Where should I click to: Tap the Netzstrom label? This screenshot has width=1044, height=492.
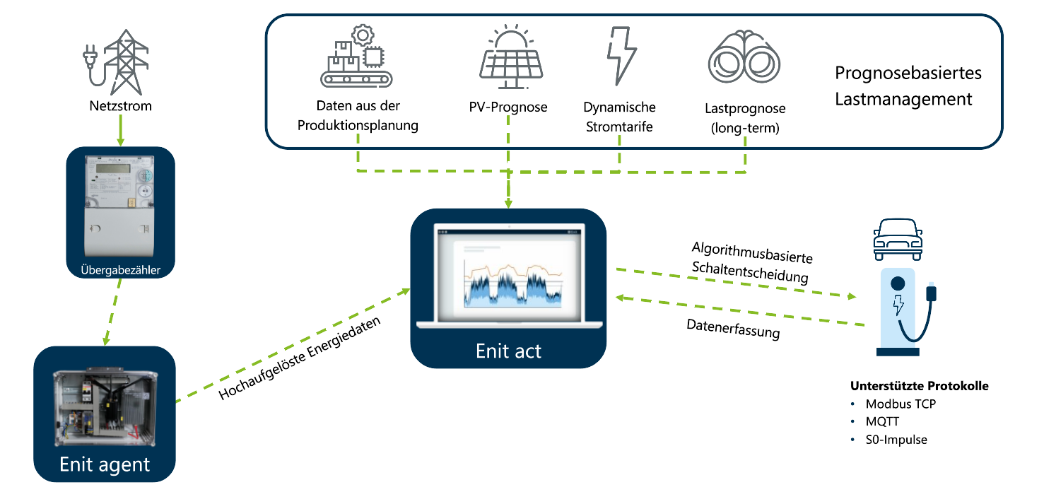pyautogui.click(x=120, y=107)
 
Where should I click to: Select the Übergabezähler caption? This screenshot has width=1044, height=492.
pyautogui.click(x=119, y=269)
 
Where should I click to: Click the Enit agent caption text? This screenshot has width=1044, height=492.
pyautogui.click(x=105, y=464)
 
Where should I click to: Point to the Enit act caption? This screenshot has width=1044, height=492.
pyautogui.click(x=508, y=351)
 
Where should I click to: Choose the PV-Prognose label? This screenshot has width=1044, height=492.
pyautogui.click(x=508, y=107)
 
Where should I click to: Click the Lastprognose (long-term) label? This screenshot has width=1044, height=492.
pyautogui.click(x=745, y=119)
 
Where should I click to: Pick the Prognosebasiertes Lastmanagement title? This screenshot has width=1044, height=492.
pyautogui.click(x=908, y=86)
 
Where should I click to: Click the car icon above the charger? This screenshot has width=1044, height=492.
pyautogui.click(x=898, y=236)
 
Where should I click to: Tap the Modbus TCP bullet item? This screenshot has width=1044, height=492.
pyautogui.click(x=901, y=404)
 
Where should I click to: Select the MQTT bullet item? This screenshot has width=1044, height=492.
pyautogui.click(x=884, y=422)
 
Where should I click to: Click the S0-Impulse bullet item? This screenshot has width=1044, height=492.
pyautogui.click(x=896, y=440)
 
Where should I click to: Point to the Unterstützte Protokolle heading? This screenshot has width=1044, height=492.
pyautogui.click(x=918, y=386)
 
